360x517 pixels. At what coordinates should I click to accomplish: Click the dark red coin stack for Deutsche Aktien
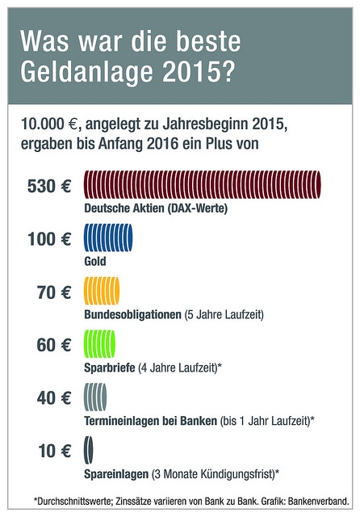[203, 185]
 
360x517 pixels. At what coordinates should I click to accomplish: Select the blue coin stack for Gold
[108, 237]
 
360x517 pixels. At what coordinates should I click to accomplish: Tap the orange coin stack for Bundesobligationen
[102, 291]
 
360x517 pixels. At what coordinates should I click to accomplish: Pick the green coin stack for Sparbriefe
[100, 344]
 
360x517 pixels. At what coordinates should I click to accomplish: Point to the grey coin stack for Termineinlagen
[95, 397]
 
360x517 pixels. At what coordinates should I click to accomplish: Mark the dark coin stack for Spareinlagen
[89, 450]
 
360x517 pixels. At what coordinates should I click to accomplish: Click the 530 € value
[49, 186]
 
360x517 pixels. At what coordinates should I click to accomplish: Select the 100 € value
[49, 239]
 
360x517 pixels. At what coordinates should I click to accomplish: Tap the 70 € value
[54, 292]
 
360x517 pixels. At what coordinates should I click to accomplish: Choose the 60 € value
[54, 345]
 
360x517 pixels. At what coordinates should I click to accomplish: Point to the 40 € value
[54, 398]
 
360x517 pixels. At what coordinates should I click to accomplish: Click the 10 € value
[54, 451]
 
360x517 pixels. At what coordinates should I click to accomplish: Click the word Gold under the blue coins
[95, 262]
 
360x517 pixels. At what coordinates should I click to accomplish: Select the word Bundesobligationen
[132, 314]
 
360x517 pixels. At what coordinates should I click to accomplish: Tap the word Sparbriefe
[110, 368]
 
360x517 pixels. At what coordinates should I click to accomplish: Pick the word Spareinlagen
[116, 474]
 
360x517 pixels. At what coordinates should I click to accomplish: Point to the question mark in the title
[228, 71]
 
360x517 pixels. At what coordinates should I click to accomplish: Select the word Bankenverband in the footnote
[319, 502]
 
